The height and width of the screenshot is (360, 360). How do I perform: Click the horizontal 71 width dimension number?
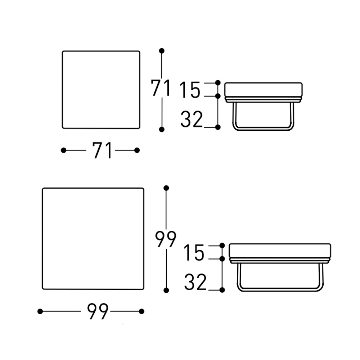pyautogui.click(x=103, y=150)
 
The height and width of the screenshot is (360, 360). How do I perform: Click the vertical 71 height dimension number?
pyautogui.click(x=161, y=87)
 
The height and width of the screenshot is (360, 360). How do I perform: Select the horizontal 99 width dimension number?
pyautogui.click(x=98, y=311)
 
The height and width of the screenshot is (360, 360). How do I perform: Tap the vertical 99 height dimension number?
pyautogui.click(x=166, y=239)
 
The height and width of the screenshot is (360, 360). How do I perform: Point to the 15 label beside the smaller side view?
pyautogui.click(x=190, y=90)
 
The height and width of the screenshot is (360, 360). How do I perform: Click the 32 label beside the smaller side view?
pyautogui.click(x=192, y=119)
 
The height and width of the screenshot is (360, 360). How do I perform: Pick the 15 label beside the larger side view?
pyautogui.click(x=194, y=253)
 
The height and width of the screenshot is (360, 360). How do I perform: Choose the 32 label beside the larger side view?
pyautogui.click(x=195, y=282)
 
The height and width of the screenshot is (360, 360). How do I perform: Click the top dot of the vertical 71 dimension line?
pyautogui.click(x=162, y=51)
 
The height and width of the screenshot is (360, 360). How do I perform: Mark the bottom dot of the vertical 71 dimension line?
pyautogui.click(x=162, y=130)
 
